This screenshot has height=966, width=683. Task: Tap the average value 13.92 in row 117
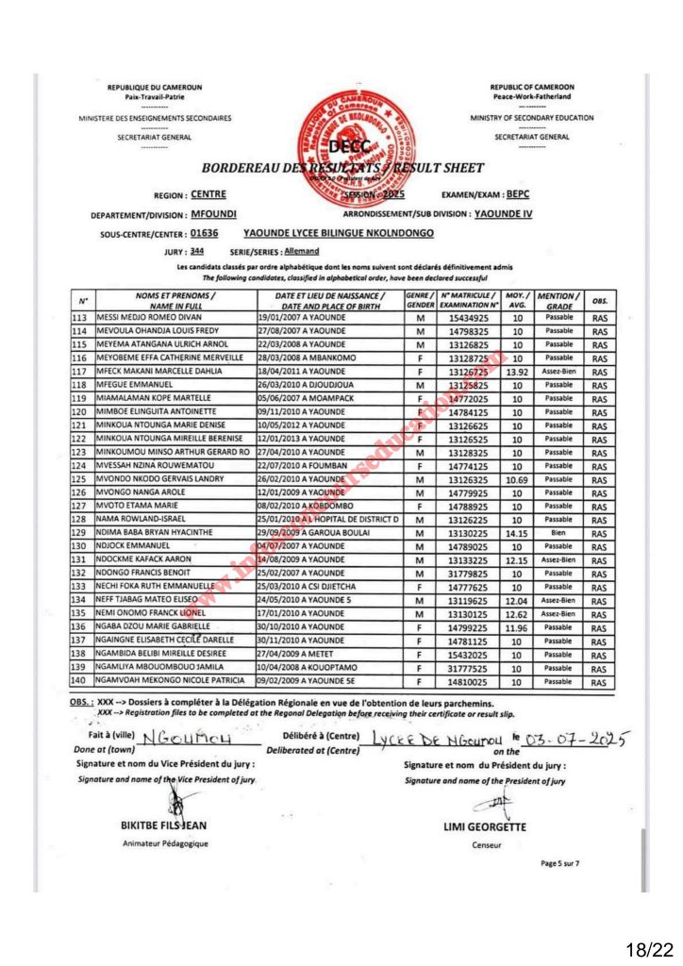(x=517, y=372)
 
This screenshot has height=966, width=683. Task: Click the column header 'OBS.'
(x=599, y=300)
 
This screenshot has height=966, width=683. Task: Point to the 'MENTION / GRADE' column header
(x=558, y=300)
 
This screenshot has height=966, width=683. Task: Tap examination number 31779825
(x=467, y=572)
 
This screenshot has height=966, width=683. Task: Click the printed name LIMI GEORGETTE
(x=486, y=827)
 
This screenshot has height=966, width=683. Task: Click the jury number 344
(x=197, y=252)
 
